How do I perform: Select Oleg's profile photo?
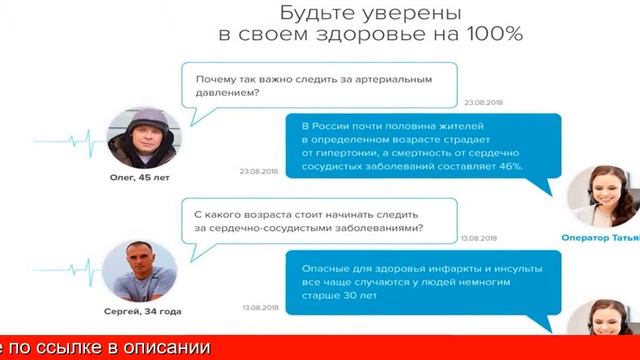point(141,138)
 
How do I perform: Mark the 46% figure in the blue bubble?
point(522,167)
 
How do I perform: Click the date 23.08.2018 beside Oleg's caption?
point(257,172)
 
